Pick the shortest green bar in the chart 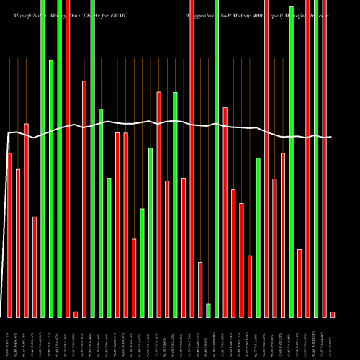click(x=208, y=310)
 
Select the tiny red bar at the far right click(x=333, y=314)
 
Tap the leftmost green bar click(x=42, y=158)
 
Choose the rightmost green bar click(x=316, y=158)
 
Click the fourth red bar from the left click(x=35, y=266)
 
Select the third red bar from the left click(x=26, y=220)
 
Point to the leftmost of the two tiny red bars click(x=76, y=314)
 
